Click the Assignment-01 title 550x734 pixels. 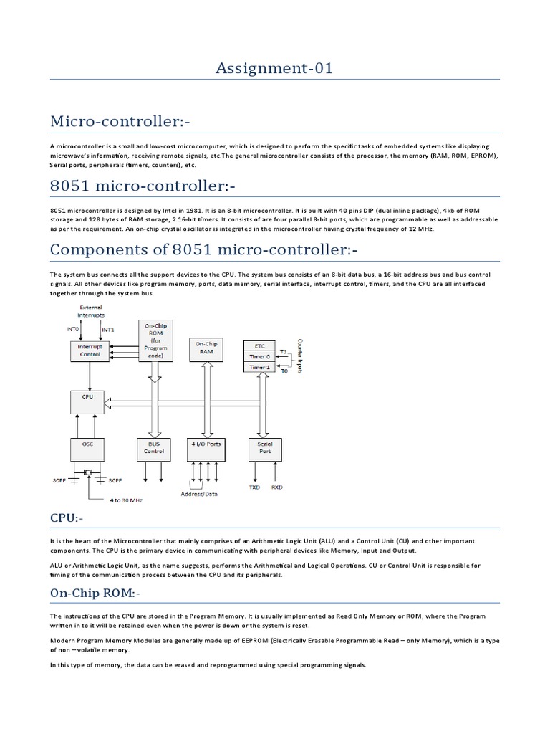tap(275, 69)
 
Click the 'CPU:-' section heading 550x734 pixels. tap(66, 518)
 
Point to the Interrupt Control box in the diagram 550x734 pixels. tap(90, 349)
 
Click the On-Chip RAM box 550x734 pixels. tap(206, 348)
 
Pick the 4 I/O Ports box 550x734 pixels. tap(206, 448)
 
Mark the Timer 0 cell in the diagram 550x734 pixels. tap(259, 356)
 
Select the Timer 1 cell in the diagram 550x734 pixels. tap(259, 368)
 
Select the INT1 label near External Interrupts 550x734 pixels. tap(108, 330)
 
